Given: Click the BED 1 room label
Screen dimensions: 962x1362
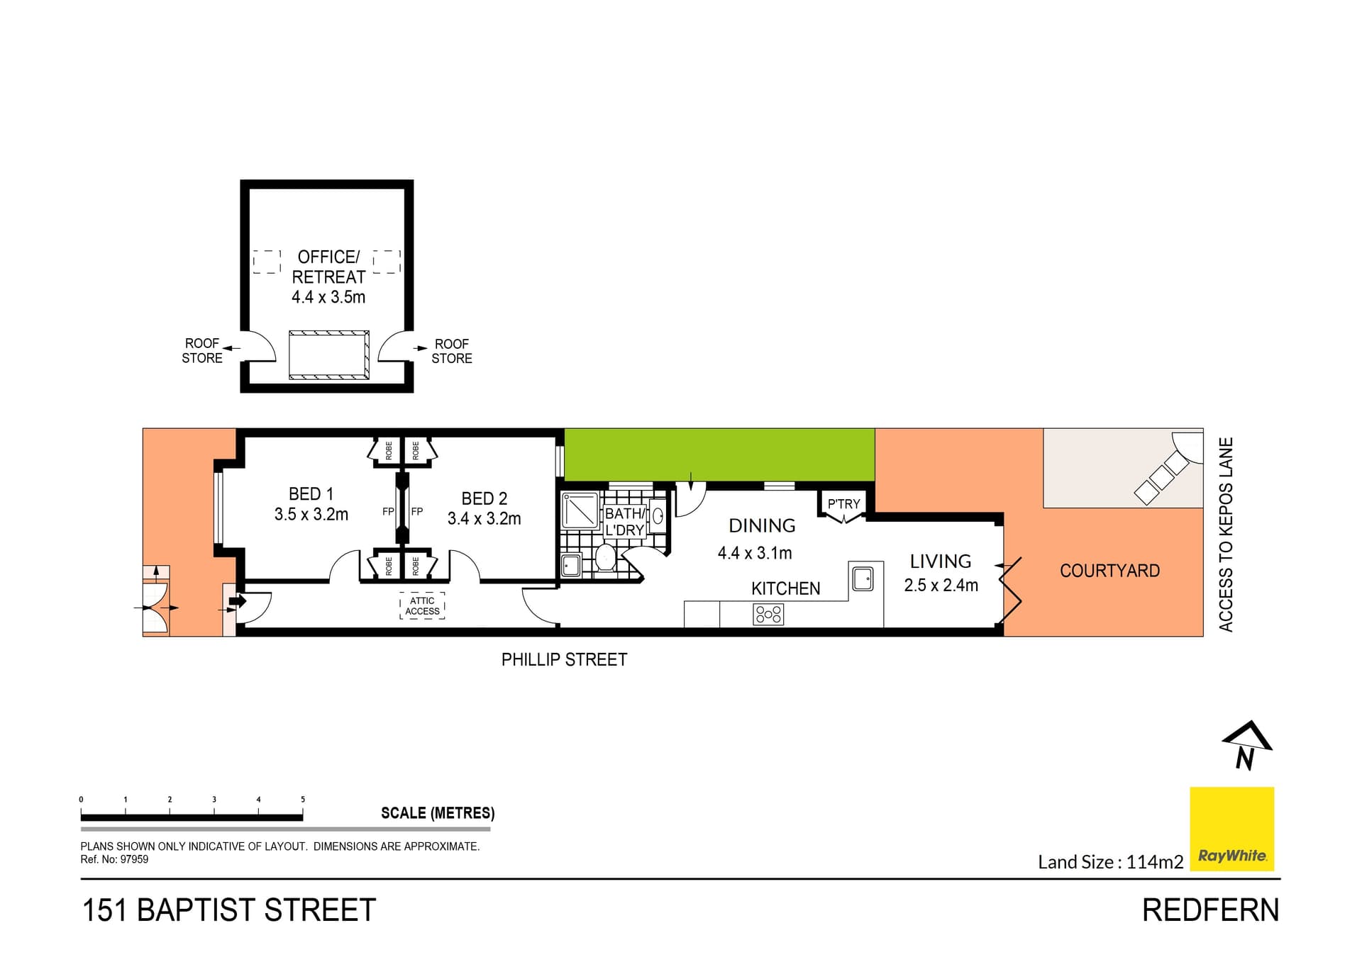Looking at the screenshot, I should (311, 494).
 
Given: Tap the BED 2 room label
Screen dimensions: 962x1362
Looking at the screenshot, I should (484, 499).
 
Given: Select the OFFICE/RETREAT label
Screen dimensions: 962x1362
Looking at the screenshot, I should (328, 267).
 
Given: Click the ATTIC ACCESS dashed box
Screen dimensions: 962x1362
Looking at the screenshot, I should (422, 606).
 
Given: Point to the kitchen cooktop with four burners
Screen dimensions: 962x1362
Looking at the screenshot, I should (768, 614).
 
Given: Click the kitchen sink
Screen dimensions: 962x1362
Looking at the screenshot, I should (863, 579).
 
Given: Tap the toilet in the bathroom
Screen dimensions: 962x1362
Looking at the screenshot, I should (605, 557).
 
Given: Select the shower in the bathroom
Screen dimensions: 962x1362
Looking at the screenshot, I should (580, 510).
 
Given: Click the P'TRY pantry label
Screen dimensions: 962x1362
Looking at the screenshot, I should (843, 504).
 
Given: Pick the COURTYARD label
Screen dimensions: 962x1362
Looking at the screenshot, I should (1109, 571).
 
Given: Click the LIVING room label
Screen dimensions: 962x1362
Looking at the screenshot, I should (941, 561).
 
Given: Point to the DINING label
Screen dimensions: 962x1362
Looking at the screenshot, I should (762, 526).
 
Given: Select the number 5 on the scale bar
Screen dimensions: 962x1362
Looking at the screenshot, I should (303, 800).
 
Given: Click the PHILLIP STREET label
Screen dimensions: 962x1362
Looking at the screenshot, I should (564, 660).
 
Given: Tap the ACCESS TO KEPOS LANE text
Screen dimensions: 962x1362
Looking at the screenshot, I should (1226, 535).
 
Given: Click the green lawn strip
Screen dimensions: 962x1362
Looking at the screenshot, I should (719, 454).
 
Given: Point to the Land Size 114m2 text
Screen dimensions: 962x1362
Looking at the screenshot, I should (1110, 862).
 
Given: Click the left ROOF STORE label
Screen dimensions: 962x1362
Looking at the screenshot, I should (202, 351).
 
